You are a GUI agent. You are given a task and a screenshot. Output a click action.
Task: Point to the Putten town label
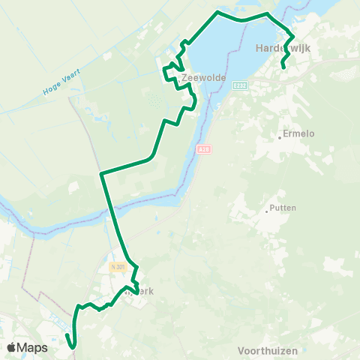point(283,208)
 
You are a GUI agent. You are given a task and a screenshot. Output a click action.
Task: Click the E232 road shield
point(239,85)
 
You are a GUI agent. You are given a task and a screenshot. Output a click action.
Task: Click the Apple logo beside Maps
point(11,347)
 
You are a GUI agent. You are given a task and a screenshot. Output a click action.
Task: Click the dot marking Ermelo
point(279,135)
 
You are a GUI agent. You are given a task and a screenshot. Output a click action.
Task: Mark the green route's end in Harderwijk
point(283,68)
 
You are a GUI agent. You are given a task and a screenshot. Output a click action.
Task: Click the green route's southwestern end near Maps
point(72,347)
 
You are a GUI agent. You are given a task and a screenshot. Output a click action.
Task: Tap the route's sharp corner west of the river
point(101,174)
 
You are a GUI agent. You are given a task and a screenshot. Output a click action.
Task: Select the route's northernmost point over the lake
point(218,12)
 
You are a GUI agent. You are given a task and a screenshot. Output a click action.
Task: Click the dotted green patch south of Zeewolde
point(155,99)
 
